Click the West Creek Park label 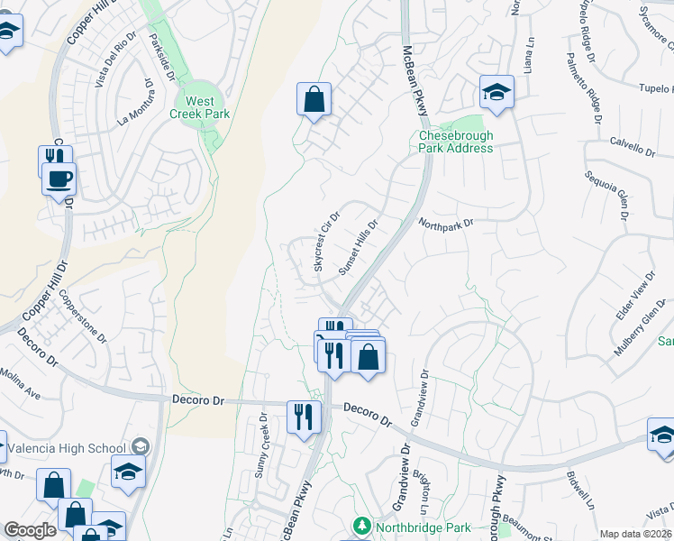[x=200, y=107]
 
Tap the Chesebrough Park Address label [x=456, y=142]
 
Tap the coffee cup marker [x=59, y=179]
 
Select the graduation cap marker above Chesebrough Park [x=496, y=92]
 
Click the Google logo [x=30, y=530]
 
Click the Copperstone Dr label [x=83, y=316]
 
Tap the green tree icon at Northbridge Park [x=362, y=525]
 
